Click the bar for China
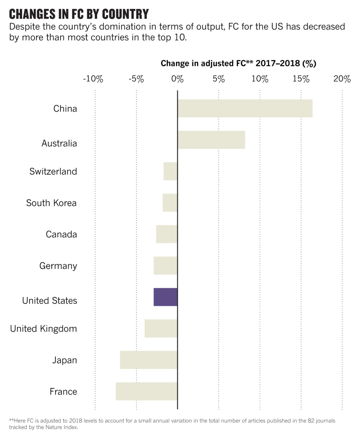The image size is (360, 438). coord(245,108)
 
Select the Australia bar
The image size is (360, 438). coord(211,140)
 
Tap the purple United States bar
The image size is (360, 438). coord(165,297)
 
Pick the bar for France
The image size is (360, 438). coord(146,391)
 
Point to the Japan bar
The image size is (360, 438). coord(148,360)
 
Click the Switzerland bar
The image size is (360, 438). coord(170,171)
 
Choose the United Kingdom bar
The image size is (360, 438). coord(161,328)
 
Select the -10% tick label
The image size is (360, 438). coord(93,79)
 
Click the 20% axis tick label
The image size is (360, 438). coord(342,79)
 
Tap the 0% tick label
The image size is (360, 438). coord(177,79)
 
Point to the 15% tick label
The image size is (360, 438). coord(300,79)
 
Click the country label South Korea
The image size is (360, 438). coord(51,203)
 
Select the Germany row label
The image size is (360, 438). coord(58,266)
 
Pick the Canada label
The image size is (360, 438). coord(61,234)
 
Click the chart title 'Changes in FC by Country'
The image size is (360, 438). coord(79,14)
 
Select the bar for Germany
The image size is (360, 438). coord(165,265)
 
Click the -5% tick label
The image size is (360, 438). coord(136,79)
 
